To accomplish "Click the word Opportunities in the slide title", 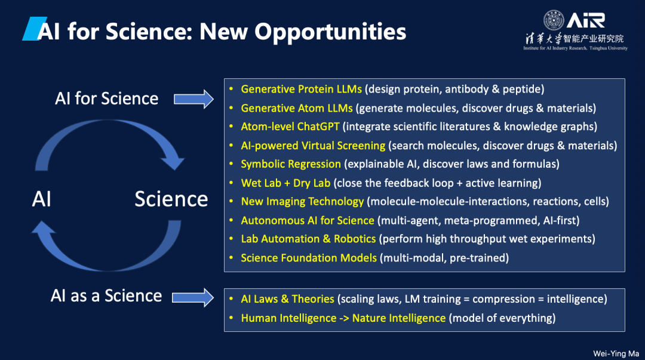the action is [330, 32].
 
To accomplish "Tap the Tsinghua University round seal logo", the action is [554, 20].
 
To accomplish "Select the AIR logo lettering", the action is [586, 20].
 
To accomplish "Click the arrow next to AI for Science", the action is [193, 99].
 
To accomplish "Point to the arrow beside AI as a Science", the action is [193, 297].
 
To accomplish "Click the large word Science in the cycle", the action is [171, 199].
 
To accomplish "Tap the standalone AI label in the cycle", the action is [42, 199].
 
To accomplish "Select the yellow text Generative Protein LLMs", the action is [301, 90].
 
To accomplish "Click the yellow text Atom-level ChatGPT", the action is [290, 127].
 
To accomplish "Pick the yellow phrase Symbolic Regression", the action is [291, 164].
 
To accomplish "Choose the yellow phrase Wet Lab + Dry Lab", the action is [285, 183].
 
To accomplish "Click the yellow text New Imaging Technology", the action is [302, 202].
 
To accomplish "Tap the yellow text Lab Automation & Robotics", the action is [309, 239].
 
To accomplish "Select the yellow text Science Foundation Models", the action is [309, 258].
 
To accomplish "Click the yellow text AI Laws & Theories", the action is [287, 299].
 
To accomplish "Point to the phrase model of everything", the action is [502, 318].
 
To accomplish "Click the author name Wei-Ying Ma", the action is [616, 353].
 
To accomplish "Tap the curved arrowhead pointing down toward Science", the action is [173, 162].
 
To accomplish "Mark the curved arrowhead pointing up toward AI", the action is [43, 228].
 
